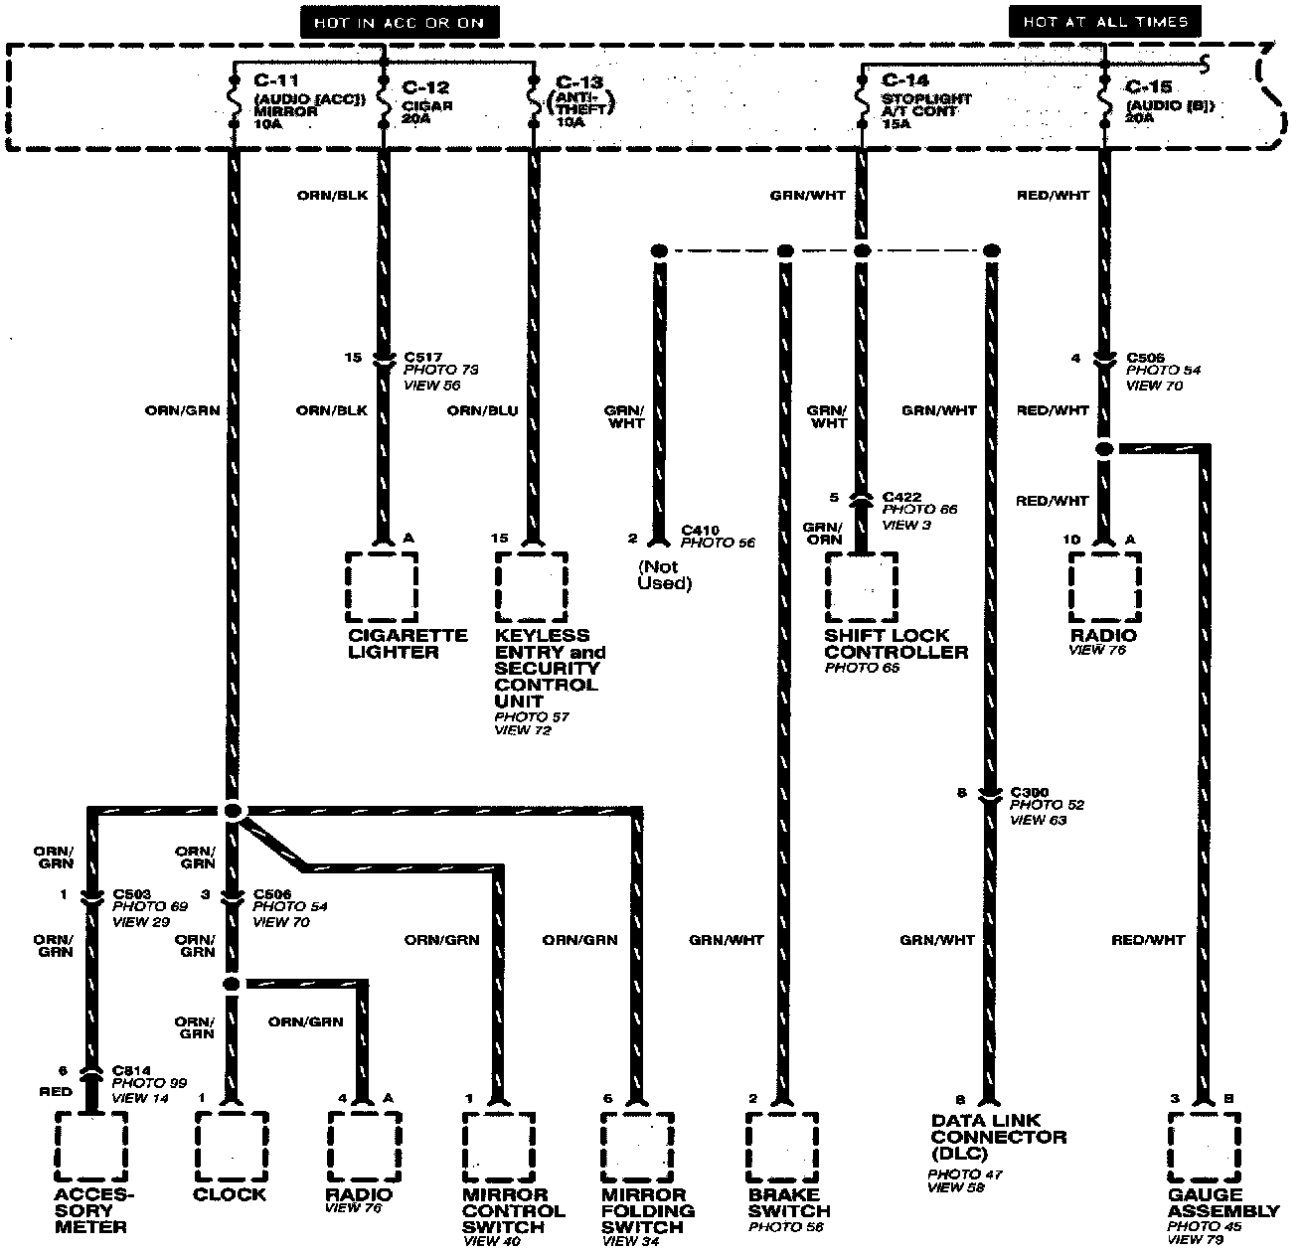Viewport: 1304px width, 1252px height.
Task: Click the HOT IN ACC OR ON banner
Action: (x=399, y=21)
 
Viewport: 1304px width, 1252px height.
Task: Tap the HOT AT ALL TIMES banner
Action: (x=1104, y=21)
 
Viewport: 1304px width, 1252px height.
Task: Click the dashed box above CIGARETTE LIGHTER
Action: (x=383, y=586)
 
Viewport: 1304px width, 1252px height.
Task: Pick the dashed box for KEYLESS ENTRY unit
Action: (x=532, y=586)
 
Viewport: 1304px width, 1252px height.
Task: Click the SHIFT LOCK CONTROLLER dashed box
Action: (x=862, y=586)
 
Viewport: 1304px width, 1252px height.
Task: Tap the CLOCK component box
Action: (x=231, y=1146)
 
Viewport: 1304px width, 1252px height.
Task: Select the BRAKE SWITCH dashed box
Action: (x=783, y=1146)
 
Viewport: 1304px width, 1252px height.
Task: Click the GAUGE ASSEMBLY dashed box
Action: (x=1205, y=1146)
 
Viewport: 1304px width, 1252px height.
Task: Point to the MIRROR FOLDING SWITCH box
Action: (x=637, y=1146)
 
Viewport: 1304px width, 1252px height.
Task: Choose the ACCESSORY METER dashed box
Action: (x=91, y=1146)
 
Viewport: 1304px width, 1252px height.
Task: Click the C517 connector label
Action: (x=423, y=357)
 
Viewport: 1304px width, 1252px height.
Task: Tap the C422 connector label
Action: (x=901, y=497)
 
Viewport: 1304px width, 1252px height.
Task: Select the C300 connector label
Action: (x=1030, y=792)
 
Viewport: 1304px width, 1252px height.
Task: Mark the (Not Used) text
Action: (x=664, y=574)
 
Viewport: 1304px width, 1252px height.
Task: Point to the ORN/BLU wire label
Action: (x=482, y=410)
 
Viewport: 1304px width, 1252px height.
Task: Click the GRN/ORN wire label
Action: (x=823, y=534)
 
